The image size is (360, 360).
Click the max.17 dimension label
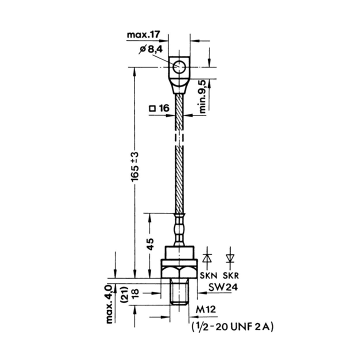pyautogui.click(x=143, y=35)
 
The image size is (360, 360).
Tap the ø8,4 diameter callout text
pyautogui.click(x=151, y=49)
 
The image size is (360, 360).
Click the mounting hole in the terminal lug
pyautogui.click(x=179, y=67)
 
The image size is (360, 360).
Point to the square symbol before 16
pyautogui.click(x=152, y=108)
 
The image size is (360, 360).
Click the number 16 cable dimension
pyautogui.click(x=164, y=108)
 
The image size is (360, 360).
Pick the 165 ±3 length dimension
pyautogui.click(x=135, y=166)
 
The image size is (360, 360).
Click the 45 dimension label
pyautogui.click(x=150, y=244)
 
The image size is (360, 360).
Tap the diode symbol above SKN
pyautogui.click(x=207, y=258)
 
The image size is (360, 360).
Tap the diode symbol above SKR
pyautogui.click(x=230, y=258)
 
